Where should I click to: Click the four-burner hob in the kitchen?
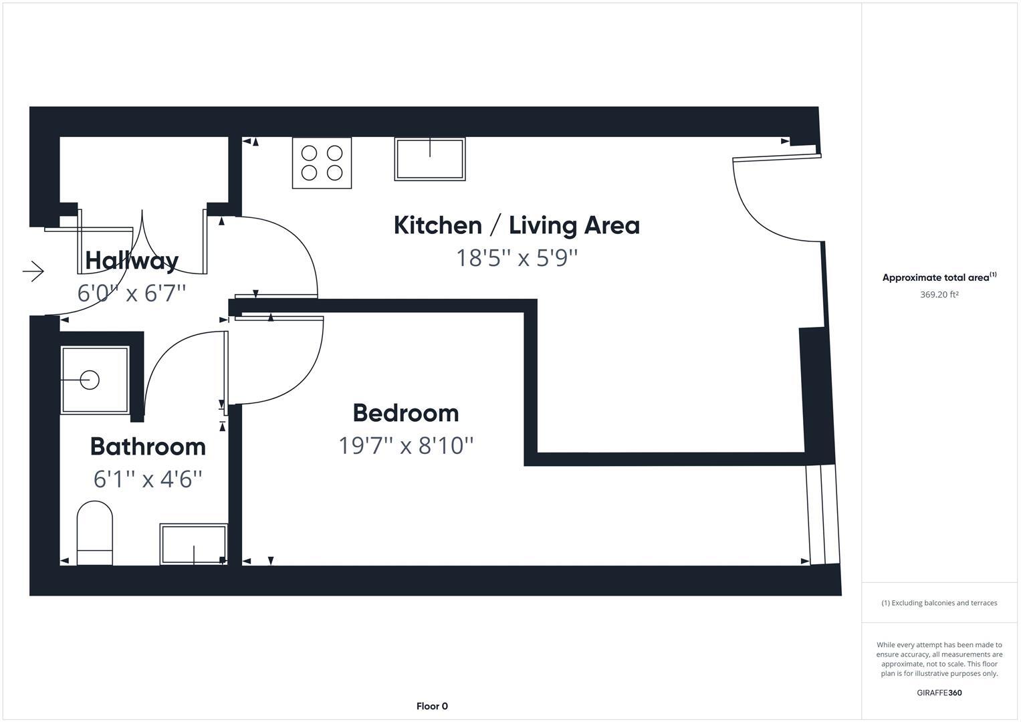coord(322,163)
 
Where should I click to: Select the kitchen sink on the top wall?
coord(429,159)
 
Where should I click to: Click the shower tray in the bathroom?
coord(94,380)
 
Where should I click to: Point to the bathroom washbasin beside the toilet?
coord(193,544)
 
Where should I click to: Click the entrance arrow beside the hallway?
coord(33,271)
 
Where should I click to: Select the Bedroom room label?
coord(406,413)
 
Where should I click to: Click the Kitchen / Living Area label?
coord(516,225)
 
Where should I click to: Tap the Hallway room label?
coord(132,260)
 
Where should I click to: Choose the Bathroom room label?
coord(148,447)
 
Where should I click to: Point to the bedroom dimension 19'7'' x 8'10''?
coord(406,445)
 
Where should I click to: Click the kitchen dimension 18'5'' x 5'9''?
coord(516,257)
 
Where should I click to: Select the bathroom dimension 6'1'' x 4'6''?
coord(148,479)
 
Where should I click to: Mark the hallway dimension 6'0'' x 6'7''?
coord(132,293)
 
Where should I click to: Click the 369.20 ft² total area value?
coord(939,294)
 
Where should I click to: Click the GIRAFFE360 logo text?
coord(939,693)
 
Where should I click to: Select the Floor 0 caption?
coord(432,706)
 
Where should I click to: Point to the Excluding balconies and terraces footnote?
coord(939,603)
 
